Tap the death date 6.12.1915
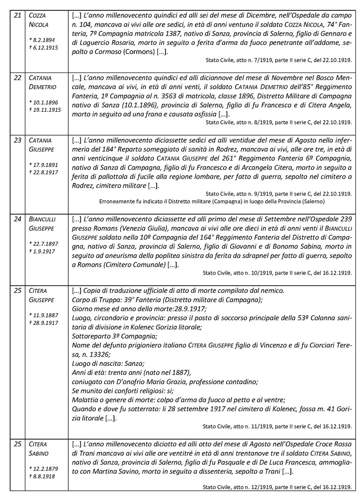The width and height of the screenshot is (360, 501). tap(43, 48)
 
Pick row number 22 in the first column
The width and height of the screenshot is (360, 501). tap(17, 77)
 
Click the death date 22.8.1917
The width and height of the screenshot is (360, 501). tap(43, 173)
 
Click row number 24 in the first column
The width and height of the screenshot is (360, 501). tap(17, 219)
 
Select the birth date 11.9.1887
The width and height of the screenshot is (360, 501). tap(44, 315)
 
